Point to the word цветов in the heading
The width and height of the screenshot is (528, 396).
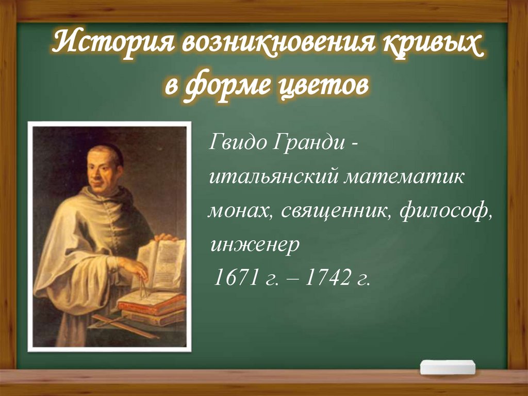click(324, 86)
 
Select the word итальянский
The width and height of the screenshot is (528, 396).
click(273, 177)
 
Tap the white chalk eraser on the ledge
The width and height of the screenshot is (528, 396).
click(448, 367)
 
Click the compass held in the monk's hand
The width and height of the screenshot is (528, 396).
click(143, 287)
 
